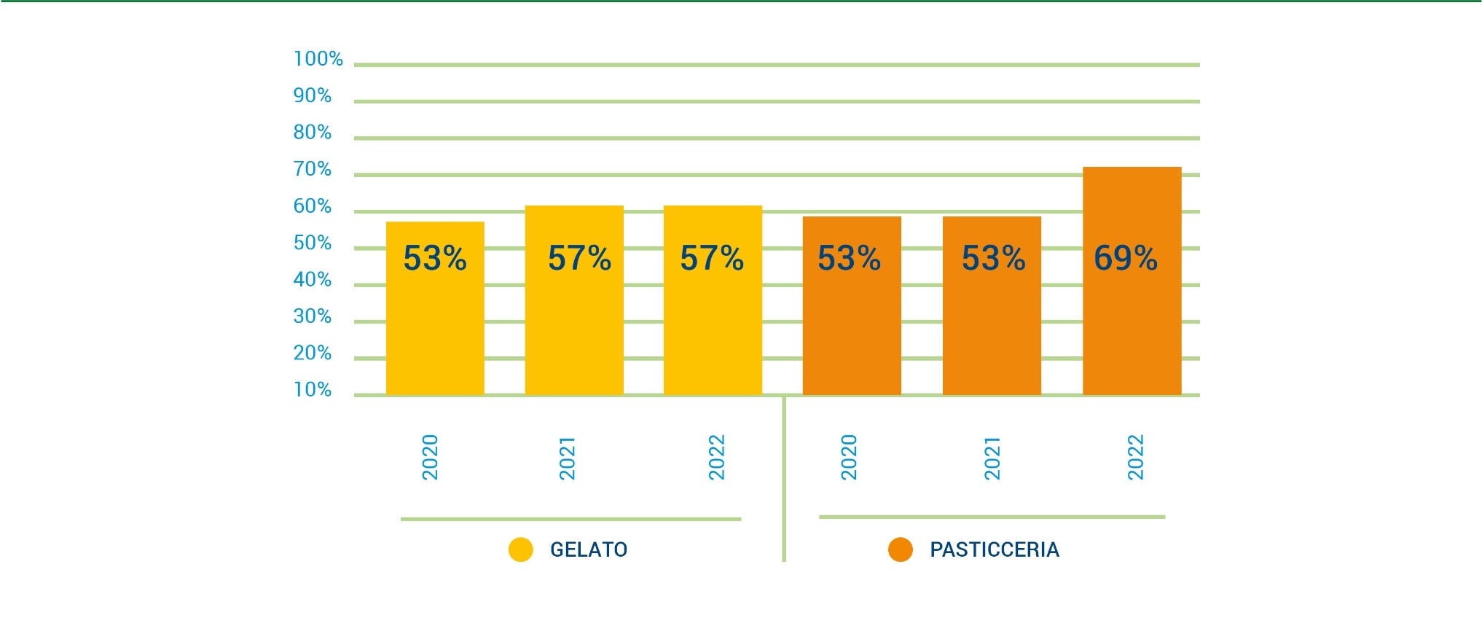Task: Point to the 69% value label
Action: tap(1125, 258)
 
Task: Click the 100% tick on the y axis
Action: tap(318, 59)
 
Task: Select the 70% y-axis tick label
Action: tap(312, 169)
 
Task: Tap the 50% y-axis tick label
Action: tap(312, 243)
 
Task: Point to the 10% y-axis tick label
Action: tap(312, 390)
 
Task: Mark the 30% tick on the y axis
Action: tap(312, 316)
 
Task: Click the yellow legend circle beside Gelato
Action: tap(521, 549)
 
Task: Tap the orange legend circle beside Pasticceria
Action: tap(901, 549)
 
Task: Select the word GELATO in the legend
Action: tap(589, 549)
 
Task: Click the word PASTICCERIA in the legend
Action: tap(995, 549)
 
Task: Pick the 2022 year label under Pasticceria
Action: tap(1136, 457)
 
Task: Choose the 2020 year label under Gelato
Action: tap(430, 457)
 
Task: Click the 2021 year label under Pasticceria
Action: tap(992, 458)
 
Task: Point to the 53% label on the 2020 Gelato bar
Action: tap(435, 258)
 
